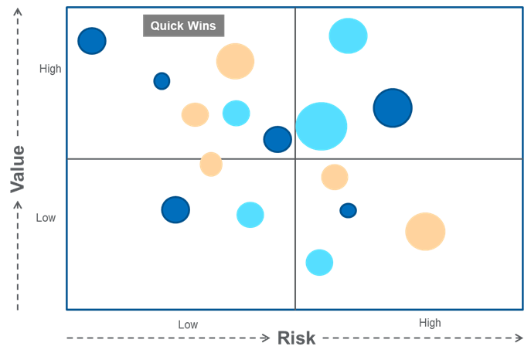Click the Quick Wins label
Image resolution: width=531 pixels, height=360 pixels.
pos(183,25)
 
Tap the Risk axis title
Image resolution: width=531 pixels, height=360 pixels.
pos(297,338)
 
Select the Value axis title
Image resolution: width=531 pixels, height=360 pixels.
pos(17,169)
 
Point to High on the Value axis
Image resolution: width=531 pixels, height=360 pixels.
pos(50,70)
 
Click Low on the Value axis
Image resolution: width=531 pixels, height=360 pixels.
pos(46,218)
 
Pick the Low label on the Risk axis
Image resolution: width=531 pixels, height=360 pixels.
pos(188,324)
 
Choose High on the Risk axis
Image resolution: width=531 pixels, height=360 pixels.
pos(430,323)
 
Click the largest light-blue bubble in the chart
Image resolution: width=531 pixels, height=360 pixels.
pos(322,126)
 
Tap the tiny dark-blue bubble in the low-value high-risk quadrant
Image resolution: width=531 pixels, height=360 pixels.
pos(348,210)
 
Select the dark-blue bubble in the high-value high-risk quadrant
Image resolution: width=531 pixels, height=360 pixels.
pos(393,107)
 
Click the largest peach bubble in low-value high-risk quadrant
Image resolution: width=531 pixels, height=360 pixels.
pos(425,231)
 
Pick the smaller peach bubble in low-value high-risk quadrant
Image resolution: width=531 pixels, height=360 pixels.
pos(335,177)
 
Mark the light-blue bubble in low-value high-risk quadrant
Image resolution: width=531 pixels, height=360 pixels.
pos(319,263)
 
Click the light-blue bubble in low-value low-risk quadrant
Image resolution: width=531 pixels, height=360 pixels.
pos(250,215)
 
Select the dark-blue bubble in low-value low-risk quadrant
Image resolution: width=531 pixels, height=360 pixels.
pos(175,209)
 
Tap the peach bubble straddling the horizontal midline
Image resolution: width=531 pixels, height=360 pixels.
pos(211,164)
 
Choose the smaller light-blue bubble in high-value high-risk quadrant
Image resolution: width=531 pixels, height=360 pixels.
pos(348,36)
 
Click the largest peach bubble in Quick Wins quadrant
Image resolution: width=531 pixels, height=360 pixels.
pos(235,61)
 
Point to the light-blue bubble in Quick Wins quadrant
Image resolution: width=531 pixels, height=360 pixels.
pos(236,113)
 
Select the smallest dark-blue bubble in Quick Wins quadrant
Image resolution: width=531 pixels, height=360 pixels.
pos(162,80)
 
